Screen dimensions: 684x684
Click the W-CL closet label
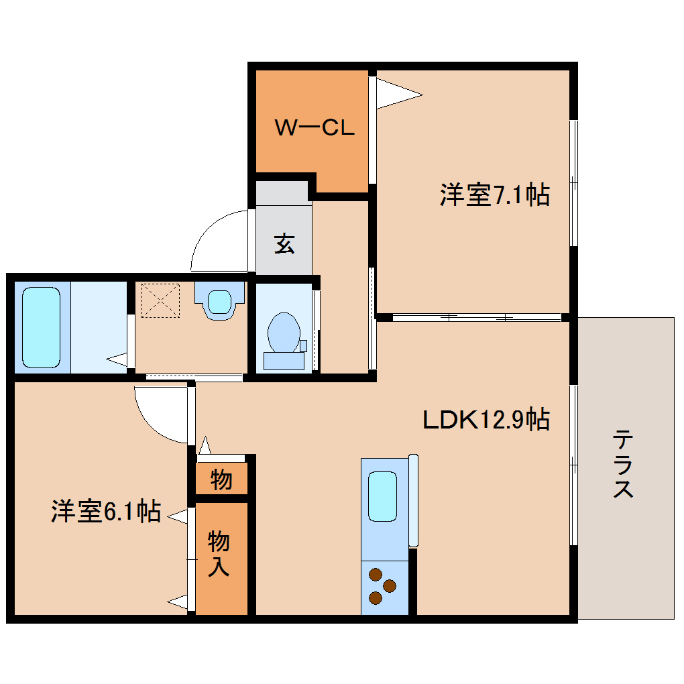[x=314, y=127]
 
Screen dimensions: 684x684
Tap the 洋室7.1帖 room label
[x=495, y=195]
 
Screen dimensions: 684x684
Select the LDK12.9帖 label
[x=486, y=420]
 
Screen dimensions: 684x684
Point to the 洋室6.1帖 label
[x=106, y=512]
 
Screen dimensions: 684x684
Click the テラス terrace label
[x=623, y=465]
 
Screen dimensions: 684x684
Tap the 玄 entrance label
[x=284, y=245]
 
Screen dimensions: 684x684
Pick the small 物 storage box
[x=221, y=479]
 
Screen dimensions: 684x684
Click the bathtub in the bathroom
[x=42, y=327]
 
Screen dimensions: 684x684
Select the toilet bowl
[x=284, y=333]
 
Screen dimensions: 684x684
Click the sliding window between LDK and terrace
[x=573, y=465]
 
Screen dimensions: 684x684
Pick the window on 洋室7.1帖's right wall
[x=573, y=182]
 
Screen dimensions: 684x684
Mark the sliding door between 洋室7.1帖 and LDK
[x=476, y=317]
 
